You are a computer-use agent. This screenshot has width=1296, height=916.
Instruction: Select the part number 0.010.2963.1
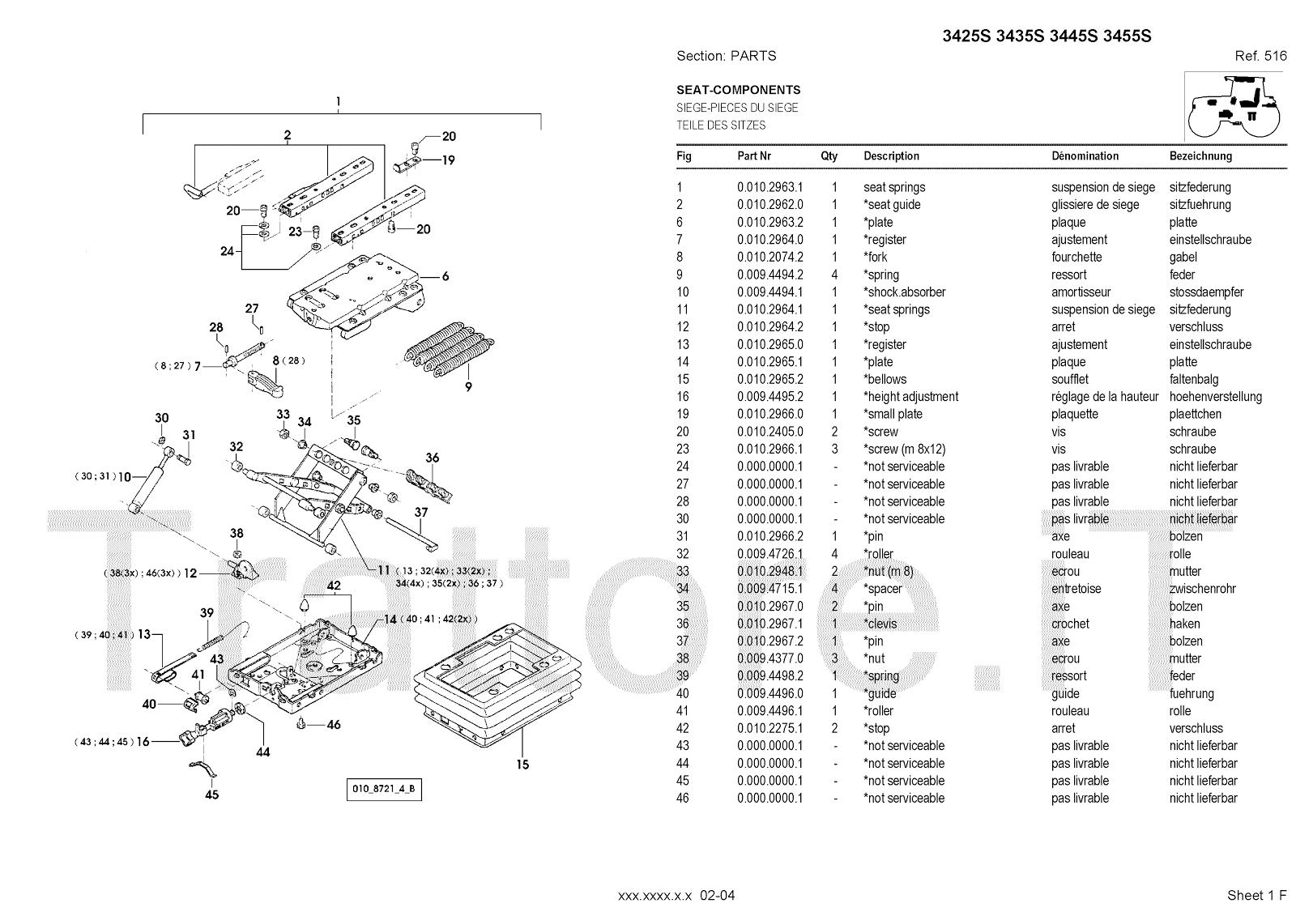(769, 187)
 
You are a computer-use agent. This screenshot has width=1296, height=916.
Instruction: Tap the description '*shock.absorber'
(904, 292)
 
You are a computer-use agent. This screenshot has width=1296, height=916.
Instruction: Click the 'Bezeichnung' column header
(1200, 156)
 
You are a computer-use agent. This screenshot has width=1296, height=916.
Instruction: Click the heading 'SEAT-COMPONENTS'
(738, 90)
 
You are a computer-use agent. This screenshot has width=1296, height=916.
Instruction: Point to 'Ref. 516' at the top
(1260, 56)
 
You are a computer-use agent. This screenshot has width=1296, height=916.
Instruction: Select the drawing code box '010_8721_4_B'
(384, 790)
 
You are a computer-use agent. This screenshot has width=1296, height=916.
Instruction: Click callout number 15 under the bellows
(522, 764)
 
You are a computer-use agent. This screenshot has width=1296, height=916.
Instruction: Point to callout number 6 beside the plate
(446, 276)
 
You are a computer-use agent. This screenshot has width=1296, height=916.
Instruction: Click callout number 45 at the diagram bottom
(211, 795)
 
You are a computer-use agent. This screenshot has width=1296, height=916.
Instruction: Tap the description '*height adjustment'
(910, 397)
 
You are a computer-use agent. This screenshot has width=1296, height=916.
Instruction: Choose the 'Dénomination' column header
(1085, 156)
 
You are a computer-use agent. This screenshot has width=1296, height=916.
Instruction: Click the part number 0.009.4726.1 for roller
(769, 554)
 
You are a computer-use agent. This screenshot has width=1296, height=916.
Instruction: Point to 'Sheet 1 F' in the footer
(1256, 895)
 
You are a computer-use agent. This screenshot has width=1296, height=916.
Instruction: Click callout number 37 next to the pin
(420, 513)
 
